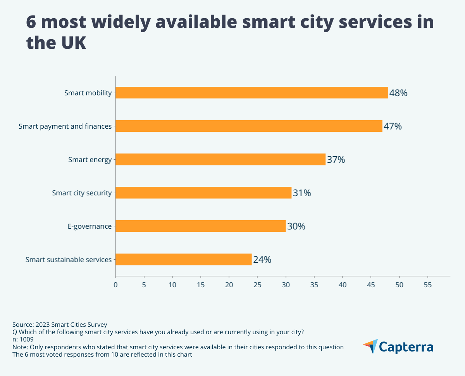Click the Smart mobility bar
(x=251, y=93)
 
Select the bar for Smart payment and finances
(x=249, y=126)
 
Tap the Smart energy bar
(x=220, y=159)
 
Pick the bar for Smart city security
(x=203, y=193)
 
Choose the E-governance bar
(x=200, y=226)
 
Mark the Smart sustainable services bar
(x=184, y=259)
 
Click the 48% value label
(x=398, y=93)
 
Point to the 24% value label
(x=262, y=260)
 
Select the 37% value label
(x=336, y=160)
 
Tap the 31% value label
(x=302, y=193)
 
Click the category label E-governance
(x=90, y=226)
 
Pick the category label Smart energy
(x=90, y=159)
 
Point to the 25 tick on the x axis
(x=257, y=285)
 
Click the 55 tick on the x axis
(x=427, y=285)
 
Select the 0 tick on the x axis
(x=115, y=285)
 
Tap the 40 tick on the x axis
(x=343, y=285)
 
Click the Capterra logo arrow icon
(x=370, y=346)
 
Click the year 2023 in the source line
(x=43, y=324)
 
